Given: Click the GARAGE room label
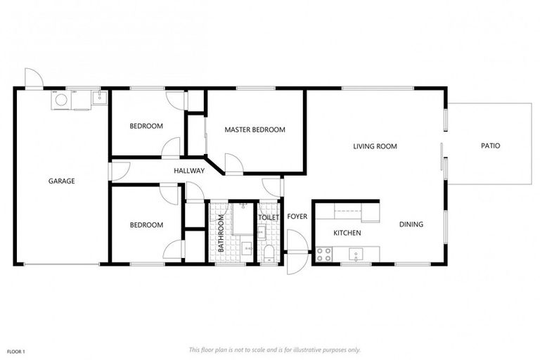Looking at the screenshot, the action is pos(62,181).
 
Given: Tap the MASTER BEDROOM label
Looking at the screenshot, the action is pos(255,129).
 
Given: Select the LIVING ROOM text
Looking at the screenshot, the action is pos(375,146).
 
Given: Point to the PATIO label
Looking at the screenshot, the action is pos(490,146).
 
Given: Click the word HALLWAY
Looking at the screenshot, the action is pos(189,171).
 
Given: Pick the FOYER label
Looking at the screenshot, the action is pos(297,217).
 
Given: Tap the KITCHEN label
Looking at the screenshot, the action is pos(347,233).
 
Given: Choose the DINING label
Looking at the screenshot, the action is pos(411,224).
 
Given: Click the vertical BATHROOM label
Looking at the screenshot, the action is pos(221,233).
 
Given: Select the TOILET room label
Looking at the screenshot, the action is pos(269,217).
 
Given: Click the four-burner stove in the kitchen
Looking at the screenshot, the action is pos(324,255).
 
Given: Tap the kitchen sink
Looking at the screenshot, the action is pos(355,255).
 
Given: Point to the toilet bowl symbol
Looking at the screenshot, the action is pos(269,254).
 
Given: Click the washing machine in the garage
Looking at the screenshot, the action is pos(62,100).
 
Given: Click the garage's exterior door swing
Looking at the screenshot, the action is pos(34,78).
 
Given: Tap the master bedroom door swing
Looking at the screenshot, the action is pos(234,163).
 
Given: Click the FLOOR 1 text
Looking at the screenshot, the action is pos(16,352).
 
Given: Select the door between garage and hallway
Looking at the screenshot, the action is pos(119,172).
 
